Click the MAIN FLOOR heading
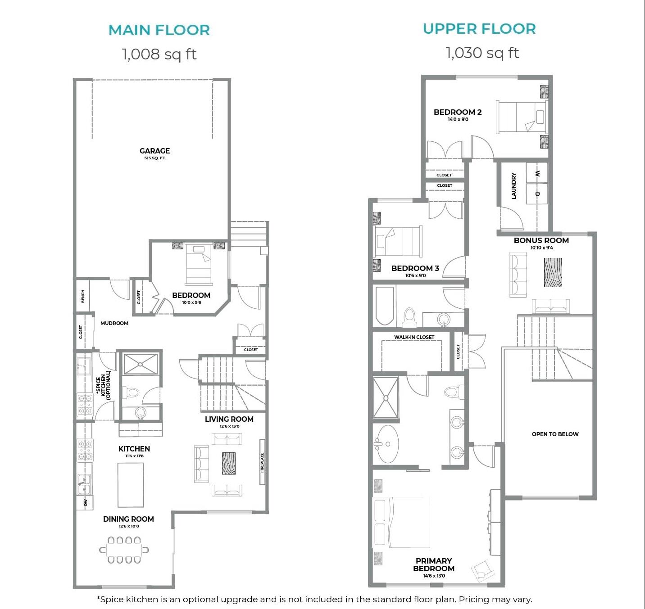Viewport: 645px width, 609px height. [159, 30]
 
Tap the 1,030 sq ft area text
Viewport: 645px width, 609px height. [482, 53]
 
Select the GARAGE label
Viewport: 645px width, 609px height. [154, 151]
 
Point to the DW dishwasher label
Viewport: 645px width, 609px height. [86, 502]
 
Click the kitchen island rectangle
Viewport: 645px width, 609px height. [131, 485]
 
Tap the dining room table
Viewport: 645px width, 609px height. [124, 550]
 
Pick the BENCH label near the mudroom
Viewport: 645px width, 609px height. [83, 296]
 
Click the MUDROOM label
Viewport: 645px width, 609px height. [114, 323]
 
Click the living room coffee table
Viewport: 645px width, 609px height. [229, 464]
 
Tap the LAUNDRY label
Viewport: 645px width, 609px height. [513, 186]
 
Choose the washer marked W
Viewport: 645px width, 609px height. [537, 173]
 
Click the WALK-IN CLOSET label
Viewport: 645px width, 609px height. [414, 337]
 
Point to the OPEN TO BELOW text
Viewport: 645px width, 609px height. [555, 434]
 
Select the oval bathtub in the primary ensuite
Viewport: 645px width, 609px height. [386, 444]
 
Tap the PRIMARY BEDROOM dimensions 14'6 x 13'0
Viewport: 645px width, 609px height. [434, 576]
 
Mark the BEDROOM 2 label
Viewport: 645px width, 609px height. [458, 113]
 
